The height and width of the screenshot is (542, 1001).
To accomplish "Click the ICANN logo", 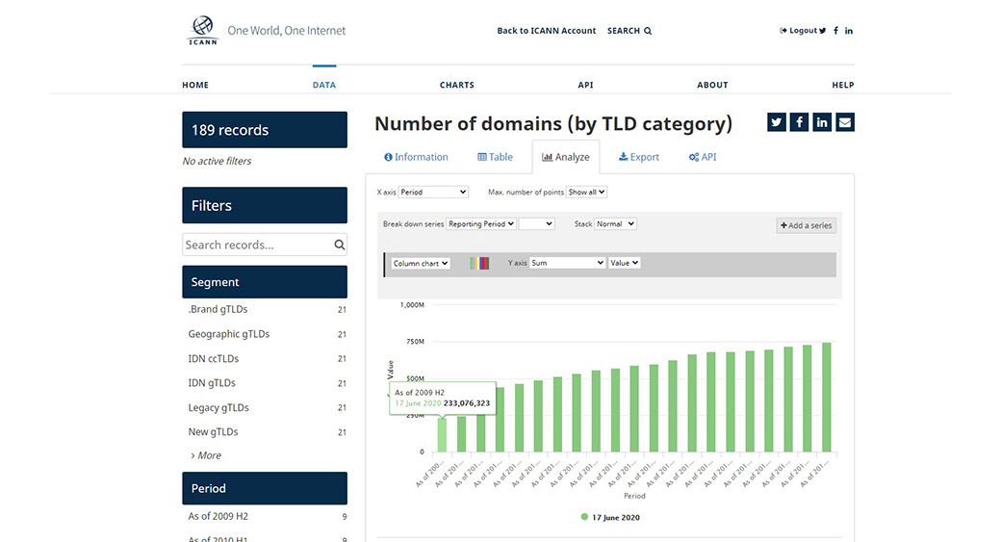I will [203, 31].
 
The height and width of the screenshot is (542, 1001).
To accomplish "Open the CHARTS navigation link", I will [456, 85].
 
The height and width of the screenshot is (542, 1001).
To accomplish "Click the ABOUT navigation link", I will [712, 85].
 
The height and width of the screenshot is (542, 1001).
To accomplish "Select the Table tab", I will [495, 157].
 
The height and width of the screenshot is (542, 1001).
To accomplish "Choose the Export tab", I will [639, 157].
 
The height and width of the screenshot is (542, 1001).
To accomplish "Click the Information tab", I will [416, 157].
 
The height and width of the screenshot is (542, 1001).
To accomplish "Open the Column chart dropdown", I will [421, 263].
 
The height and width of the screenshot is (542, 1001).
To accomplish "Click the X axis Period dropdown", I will [433, 193].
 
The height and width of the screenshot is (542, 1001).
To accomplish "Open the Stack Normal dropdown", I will [615, 224].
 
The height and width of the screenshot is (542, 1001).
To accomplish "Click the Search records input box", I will [257, 245].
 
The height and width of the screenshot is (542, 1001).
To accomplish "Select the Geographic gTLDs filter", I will [229, 334].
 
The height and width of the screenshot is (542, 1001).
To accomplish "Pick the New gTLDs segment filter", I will [213, 432].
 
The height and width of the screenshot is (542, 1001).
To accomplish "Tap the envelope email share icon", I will [844, 122].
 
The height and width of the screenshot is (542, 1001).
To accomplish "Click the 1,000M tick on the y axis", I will [412, 305].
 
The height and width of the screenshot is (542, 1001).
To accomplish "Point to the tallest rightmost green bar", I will [826, 397].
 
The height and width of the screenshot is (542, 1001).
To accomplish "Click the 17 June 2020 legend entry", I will [616, 517].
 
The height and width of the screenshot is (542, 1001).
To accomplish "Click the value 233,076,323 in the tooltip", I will [467, 403].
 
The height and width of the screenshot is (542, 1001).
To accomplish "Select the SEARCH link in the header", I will [629, 31].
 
